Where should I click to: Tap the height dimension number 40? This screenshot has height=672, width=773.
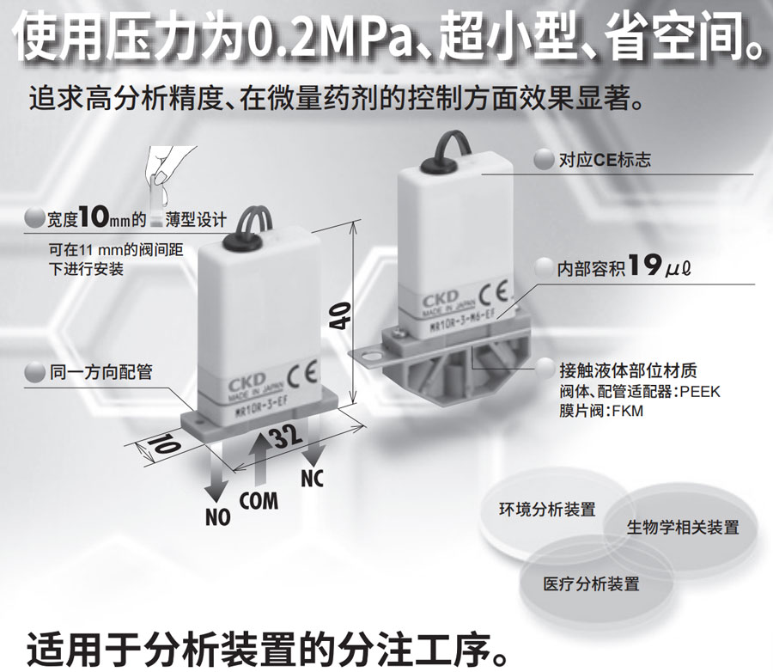coord(339,315)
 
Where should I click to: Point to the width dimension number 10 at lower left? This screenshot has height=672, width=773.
coord(164,443)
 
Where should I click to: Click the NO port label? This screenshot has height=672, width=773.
coord(218,517)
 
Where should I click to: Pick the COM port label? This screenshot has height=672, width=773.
coord(259,500)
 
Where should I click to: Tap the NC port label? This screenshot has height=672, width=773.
coord(312,478)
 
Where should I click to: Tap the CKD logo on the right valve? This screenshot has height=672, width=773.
coord(440,300)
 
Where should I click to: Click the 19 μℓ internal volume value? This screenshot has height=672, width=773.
coord(660,266)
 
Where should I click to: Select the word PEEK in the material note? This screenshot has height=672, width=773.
coord(699,392)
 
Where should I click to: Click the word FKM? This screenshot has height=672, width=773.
coord(628,411)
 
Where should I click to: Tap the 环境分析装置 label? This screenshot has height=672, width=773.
coord(547,510)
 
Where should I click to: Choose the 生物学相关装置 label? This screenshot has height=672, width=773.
coord(683,527)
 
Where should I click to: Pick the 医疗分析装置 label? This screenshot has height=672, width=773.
coord(591,584)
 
